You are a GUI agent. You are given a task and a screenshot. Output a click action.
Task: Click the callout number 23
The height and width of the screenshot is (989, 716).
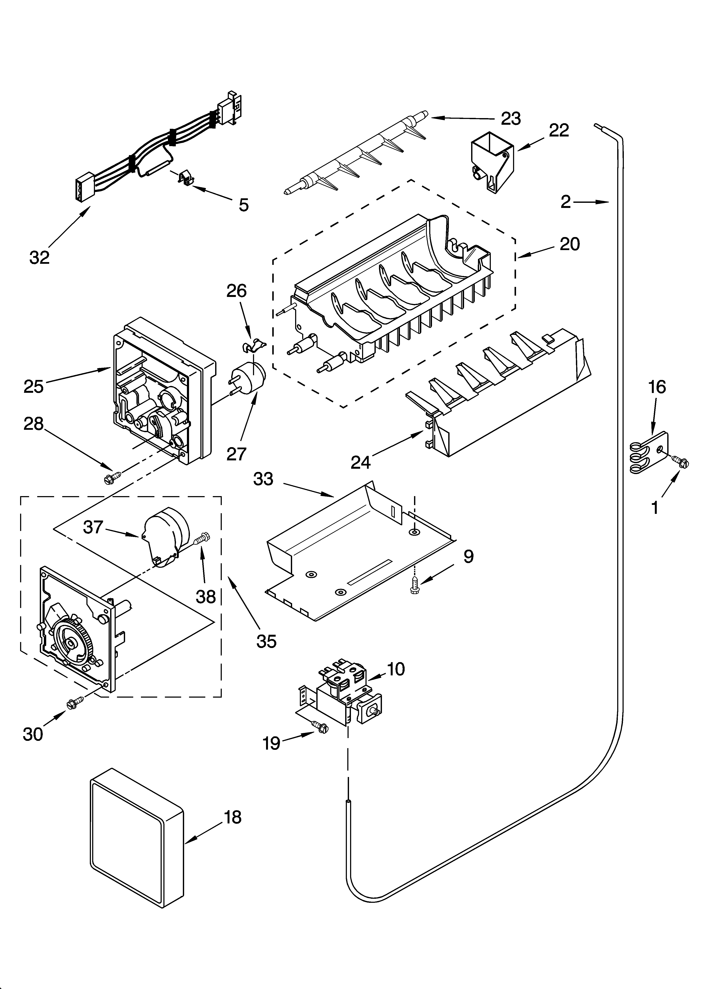coord(511,119)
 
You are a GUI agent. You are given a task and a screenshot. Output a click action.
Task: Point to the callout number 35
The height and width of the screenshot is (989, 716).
coord(266,641)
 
